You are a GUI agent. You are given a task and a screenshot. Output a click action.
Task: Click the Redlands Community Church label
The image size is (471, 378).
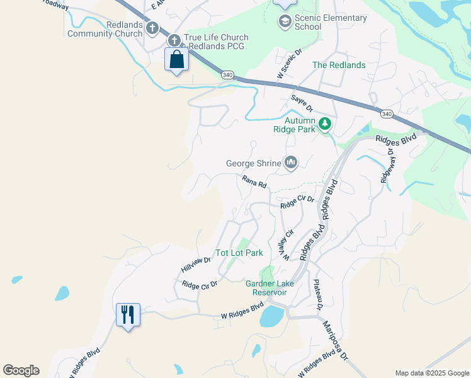106,29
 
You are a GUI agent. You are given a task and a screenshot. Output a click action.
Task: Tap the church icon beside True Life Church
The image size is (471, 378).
174,40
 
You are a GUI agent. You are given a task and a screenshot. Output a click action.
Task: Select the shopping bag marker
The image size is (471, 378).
176,60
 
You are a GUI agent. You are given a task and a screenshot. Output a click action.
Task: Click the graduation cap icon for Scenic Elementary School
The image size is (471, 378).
285,22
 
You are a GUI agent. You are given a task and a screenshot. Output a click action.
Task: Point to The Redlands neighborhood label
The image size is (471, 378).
339,66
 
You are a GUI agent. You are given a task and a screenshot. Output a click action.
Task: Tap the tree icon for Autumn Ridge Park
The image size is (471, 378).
325,123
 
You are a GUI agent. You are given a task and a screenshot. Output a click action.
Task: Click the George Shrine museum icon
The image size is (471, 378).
290,163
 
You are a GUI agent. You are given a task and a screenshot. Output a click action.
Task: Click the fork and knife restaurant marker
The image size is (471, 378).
128,313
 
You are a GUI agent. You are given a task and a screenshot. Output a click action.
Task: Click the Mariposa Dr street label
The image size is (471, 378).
336,340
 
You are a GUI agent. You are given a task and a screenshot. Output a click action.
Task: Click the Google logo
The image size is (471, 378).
21,370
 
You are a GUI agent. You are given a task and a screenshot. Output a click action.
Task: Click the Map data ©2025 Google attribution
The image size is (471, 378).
431,373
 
